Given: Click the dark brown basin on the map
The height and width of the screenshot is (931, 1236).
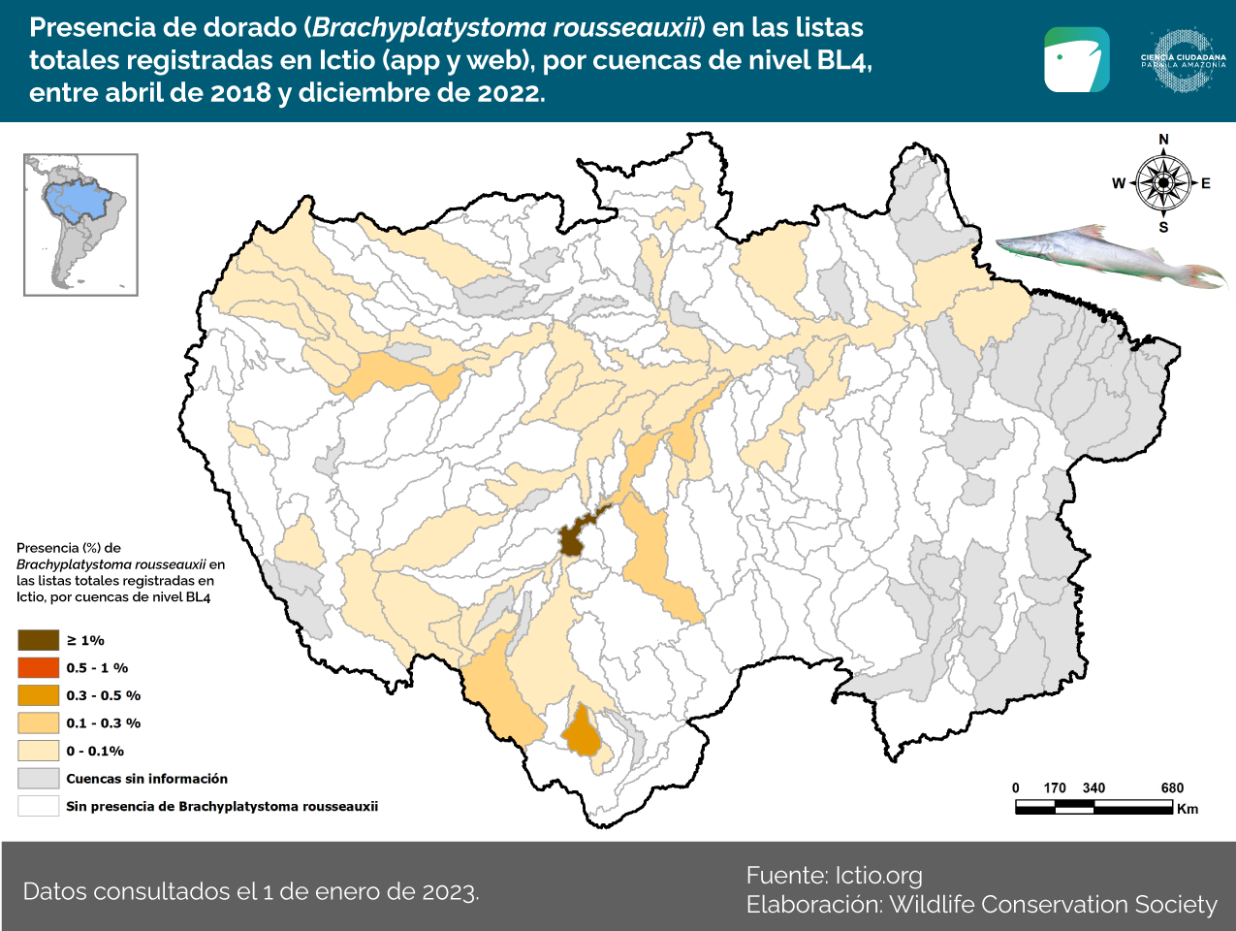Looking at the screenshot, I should point(571,541).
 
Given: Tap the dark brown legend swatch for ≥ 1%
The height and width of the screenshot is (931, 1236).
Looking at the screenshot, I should point(39,640).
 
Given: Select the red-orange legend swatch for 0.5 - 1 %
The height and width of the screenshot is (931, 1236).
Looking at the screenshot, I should point(39,668).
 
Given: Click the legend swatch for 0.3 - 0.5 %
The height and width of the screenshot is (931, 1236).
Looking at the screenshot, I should point(39,695).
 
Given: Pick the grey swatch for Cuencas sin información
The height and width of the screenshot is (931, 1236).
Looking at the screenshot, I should point(39,779).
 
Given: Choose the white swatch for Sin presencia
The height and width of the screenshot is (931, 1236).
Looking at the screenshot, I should point(39,806).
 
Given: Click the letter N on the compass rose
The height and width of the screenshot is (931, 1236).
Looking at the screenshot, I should point(1163,140).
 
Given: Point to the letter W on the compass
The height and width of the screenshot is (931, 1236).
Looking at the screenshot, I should point(1118,183).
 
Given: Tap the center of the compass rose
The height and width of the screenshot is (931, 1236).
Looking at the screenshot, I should point(1163,183).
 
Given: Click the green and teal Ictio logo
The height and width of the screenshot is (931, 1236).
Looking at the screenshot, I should point(1076,60).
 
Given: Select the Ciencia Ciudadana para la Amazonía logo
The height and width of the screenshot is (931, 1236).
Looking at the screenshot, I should point(1183,60).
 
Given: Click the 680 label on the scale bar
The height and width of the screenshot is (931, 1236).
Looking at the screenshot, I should point(1172,787).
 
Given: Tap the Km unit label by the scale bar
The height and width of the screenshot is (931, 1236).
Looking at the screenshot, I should point(1188,809).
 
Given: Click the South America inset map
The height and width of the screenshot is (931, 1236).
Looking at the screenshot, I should point(80,224).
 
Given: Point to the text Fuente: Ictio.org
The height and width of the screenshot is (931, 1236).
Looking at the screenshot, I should point(834,876).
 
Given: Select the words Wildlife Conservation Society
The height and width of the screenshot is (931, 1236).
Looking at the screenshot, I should point(1053,905).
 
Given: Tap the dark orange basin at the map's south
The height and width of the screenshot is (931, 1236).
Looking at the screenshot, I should point(583,732).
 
